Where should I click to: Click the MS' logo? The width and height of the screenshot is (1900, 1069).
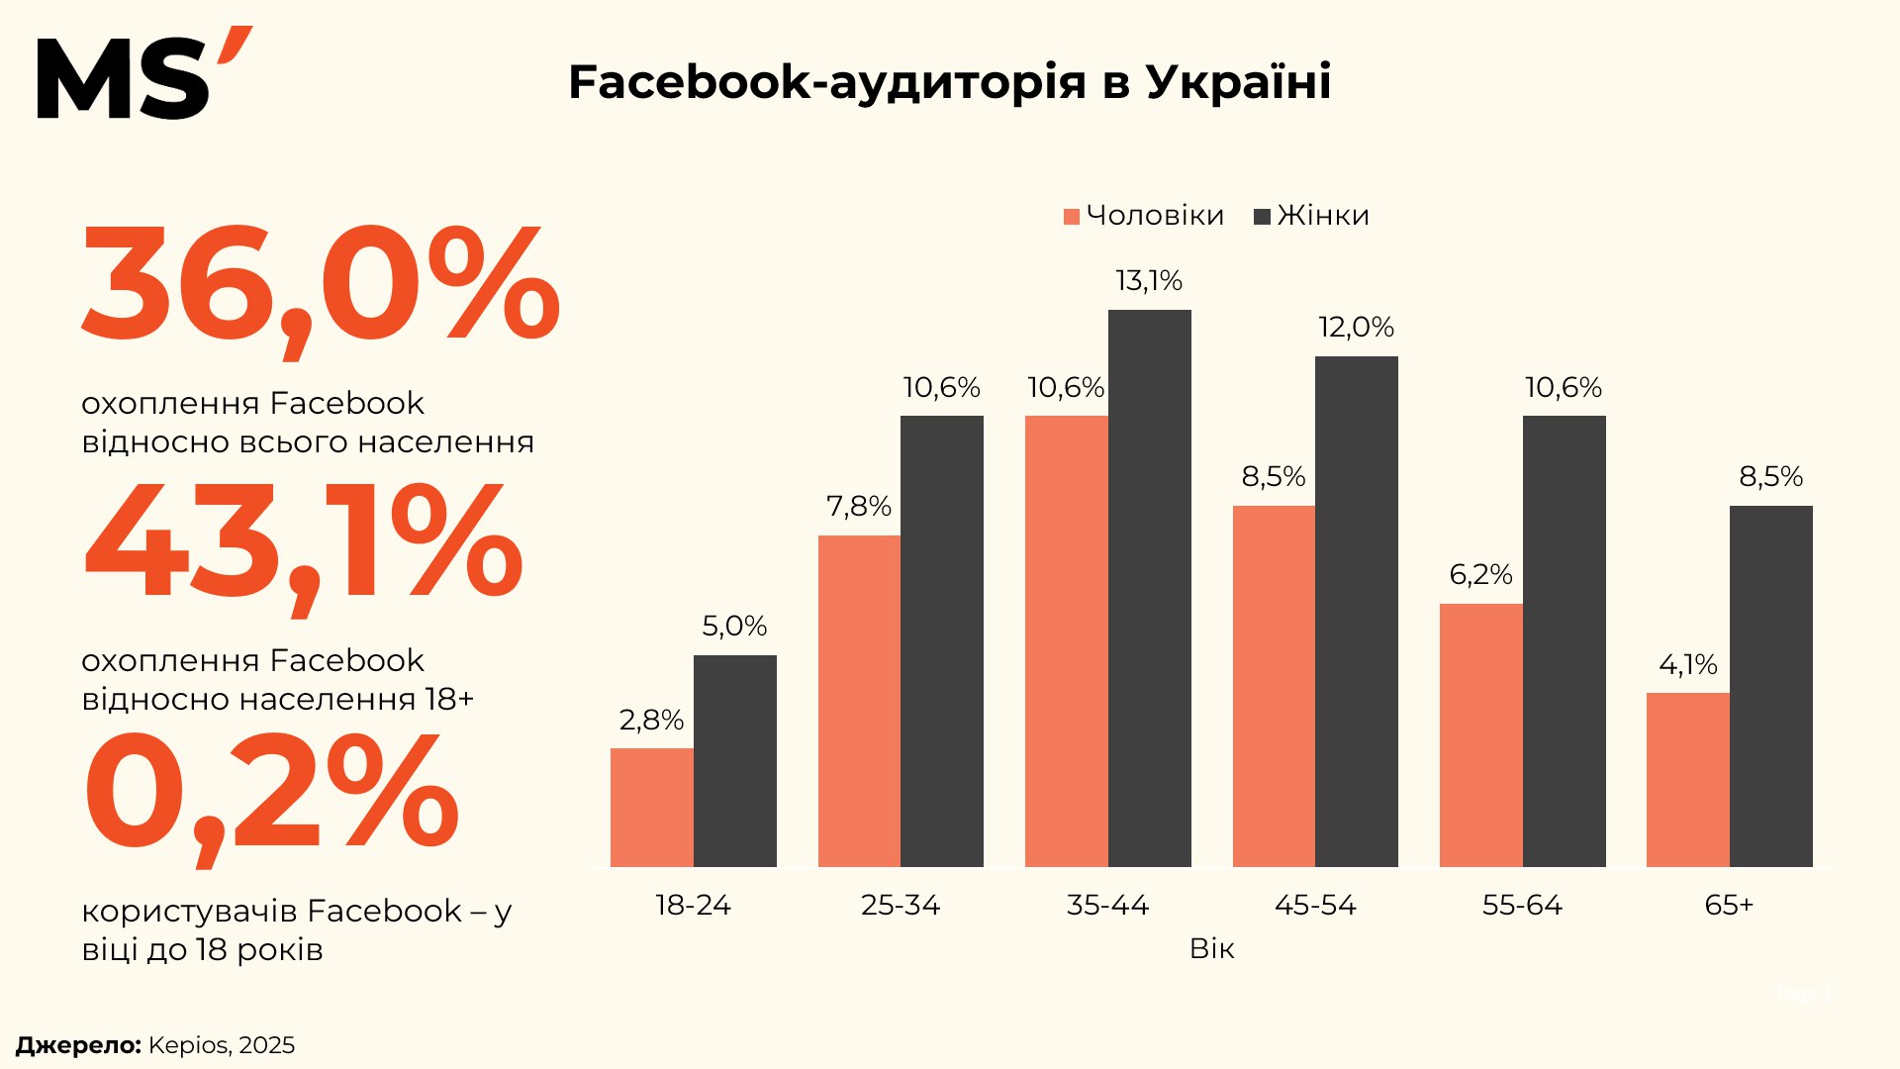pos(143,74)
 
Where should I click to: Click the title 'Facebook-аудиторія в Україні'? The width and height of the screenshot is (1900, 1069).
pos(949,82)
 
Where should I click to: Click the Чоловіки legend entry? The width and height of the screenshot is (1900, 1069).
pos(1144,216)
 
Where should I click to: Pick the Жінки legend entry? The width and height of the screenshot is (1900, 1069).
pos(1312,216)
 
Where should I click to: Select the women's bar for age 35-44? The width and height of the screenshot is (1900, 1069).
pos(1149,588)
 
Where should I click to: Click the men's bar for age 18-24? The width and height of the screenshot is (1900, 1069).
pos(651,807)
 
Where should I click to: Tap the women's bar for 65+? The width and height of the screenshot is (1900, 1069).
pos(1770,686)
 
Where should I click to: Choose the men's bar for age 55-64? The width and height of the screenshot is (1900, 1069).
pos(1480,734)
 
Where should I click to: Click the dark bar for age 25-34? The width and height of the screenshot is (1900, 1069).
pos(941,640)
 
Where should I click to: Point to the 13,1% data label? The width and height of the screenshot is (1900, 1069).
pos(1149,281)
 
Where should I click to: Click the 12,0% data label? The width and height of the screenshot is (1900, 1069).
pos(1356,328)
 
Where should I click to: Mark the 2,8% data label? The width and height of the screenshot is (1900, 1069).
pos(651,721)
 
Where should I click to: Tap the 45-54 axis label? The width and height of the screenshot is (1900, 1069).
pos(1315,905)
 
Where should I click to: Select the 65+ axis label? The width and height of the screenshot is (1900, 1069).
pos(1729,905)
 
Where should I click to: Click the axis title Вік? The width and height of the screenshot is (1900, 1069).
pos(1211,949)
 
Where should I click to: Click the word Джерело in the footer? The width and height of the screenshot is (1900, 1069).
pos(78,1045)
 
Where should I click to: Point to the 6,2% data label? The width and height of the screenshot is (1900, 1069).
pos(1480,575)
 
